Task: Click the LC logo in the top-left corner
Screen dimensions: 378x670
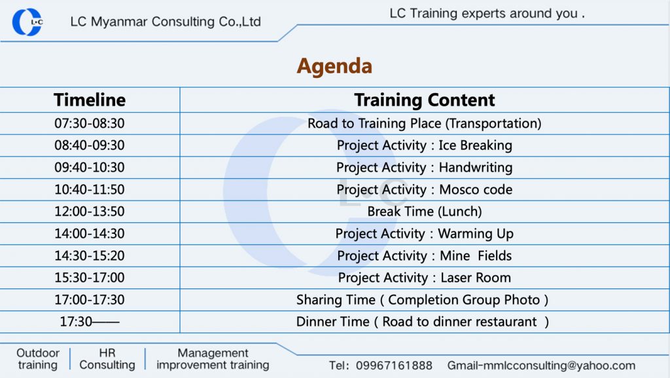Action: (x=27, y=22)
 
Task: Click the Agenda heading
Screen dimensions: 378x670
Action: (x=334, y=66)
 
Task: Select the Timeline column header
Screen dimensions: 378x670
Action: (x=90, y=100)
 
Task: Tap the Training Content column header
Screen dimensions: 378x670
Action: (x=424, y=100)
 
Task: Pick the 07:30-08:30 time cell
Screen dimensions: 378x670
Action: (x=90, y=123)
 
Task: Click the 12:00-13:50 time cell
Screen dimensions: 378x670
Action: (x=90, y=211)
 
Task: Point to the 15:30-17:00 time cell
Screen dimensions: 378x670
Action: (x=90, y=277)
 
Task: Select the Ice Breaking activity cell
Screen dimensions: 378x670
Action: (x=424, y=145)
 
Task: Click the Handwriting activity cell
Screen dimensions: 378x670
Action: (x=424, y=167)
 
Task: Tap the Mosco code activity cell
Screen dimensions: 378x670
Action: (x=424, y=189)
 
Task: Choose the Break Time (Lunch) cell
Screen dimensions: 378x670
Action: (x=424, y=211)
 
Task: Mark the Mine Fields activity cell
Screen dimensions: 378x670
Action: (x=424, y=255)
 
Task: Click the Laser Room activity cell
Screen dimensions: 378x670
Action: (x=424, y=277)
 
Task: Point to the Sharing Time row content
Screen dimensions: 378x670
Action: (x=422, y=299)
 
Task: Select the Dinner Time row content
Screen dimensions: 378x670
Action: (x=422, y=322)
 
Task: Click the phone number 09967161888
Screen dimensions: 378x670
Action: (x=394, y=366)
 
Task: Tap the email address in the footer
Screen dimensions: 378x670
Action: (x=541, y=366)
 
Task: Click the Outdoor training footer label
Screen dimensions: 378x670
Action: (x=38, y=359)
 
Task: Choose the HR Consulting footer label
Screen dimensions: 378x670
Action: (x=107, y=359)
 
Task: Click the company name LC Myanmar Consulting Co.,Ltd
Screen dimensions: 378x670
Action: (x=166, y=22)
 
